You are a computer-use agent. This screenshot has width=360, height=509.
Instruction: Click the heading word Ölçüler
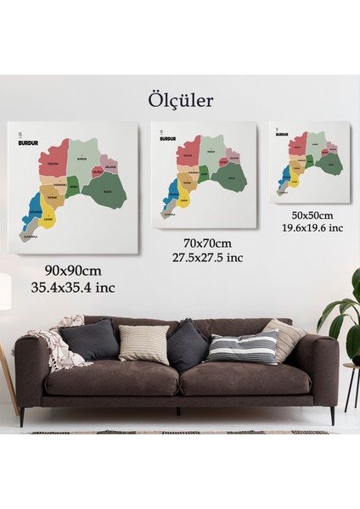pos(180,100)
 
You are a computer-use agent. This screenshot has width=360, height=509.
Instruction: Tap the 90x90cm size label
pos(76,270)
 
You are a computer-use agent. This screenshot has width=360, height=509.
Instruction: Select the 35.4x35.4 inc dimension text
pos(76,287)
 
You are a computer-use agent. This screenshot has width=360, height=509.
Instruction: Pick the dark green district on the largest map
pos(106,192)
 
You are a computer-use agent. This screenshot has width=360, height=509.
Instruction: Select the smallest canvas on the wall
pos(310,161)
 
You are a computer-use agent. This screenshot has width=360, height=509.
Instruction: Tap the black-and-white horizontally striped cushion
pos(243,348)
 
